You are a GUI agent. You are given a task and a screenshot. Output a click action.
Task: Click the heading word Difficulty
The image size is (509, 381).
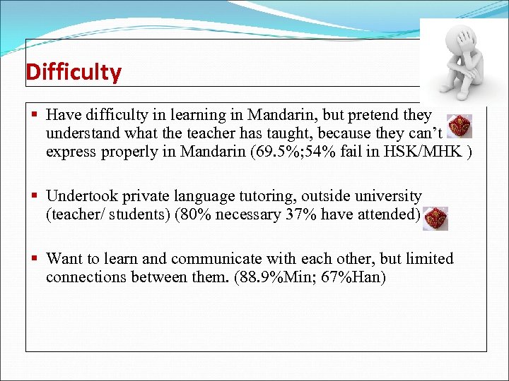click(74, 72)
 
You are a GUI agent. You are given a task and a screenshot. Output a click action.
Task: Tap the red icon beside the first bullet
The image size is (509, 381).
click(460, 126)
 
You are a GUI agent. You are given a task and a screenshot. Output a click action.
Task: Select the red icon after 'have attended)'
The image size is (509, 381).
click(435, 219)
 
